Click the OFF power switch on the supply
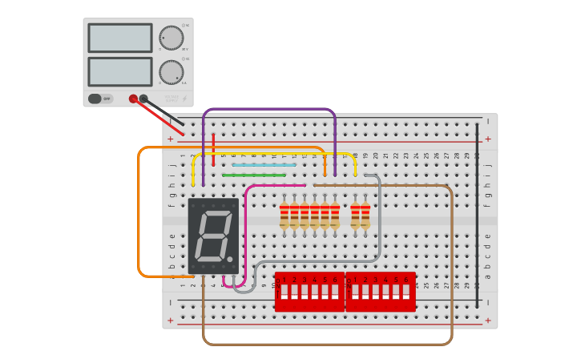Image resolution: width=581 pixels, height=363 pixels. click(x=100, y=99)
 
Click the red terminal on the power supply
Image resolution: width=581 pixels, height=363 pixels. click(x=133, y=99)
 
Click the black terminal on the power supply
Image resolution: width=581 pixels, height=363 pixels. click(x=143, y=99)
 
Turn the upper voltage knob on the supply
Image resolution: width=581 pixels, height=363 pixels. click(x=171, y=38)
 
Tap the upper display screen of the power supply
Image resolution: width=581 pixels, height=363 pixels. click(x=120, y=38)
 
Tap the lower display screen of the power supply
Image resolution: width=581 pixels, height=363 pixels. click(x=120, y=71)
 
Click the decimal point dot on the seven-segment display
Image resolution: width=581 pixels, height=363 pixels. click(x=230, y=259)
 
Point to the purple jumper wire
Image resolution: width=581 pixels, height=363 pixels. click(x=269, y=109)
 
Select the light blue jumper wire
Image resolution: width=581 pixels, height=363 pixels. click(x=264, y=165)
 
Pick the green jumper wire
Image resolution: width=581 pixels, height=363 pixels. click(x=254, y=175)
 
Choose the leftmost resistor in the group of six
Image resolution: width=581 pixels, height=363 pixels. click(x=284, y=215)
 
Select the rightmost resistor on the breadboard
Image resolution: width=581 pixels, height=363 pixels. click(x=365, y=215)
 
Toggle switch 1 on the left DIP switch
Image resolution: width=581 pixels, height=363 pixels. click(x=284, y=292)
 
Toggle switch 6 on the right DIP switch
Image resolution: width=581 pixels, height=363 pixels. click(x=405, y=292)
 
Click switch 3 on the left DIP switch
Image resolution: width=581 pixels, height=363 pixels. click(x=305, y=292)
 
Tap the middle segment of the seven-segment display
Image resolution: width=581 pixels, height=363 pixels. click(x=213, y=236)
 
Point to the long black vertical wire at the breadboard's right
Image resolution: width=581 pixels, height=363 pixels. click(x=477, y=216)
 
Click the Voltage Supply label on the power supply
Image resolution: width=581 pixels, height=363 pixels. click(x=171, y=99)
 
